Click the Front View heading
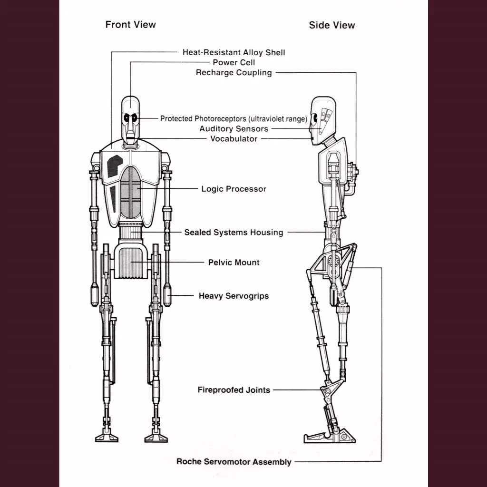point(130,24)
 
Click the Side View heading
point(331,25)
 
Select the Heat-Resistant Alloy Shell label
point(234,52)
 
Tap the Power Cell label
point(234,62)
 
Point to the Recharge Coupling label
point(234,73)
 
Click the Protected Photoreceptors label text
point(233,119)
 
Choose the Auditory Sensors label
point(234,129)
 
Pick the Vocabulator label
point(234,139)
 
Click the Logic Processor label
point(234,189)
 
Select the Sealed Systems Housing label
point(234,233)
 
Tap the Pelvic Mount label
point(234,263)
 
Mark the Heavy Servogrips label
point(234,296)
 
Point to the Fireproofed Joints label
point(234,390)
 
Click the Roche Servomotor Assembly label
point(234,461)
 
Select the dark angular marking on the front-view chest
point(113,166)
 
